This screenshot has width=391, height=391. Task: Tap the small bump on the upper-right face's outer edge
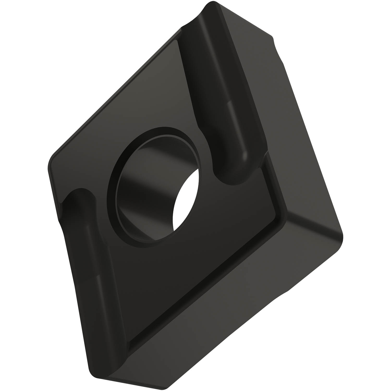[x=274, y=42]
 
